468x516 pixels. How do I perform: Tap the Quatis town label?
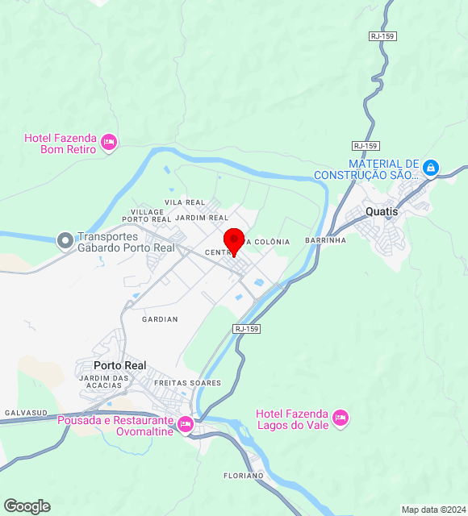(x=382, y=211)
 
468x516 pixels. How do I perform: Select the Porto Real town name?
(x=119, y=365)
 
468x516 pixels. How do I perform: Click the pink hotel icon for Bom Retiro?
(x=109, y=144)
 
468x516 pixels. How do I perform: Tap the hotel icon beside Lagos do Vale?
(x=340, y=418)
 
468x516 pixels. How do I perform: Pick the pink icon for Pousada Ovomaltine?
(x=186, y=423)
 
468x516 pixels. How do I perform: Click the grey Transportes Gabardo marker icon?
(x=65, y=240)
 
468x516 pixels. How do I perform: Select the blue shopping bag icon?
(x=431, y=168)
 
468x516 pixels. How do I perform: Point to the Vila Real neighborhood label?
(x=185, y=202)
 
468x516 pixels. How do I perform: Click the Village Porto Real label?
(x=146, y=215)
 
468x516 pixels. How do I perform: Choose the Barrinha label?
(x=325, y=240)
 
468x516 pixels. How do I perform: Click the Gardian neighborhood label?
(x=160, y=319)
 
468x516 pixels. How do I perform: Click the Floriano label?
(x=244, y=476)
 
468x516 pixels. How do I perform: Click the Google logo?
(x=27, y=506)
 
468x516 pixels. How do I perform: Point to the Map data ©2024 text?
(x=432, y=510)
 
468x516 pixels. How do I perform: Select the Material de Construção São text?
(x=367, y=169)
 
